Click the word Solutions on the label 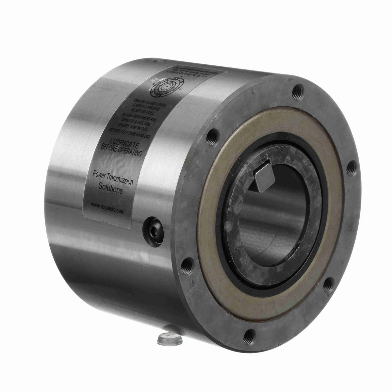tap(110, 188)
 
